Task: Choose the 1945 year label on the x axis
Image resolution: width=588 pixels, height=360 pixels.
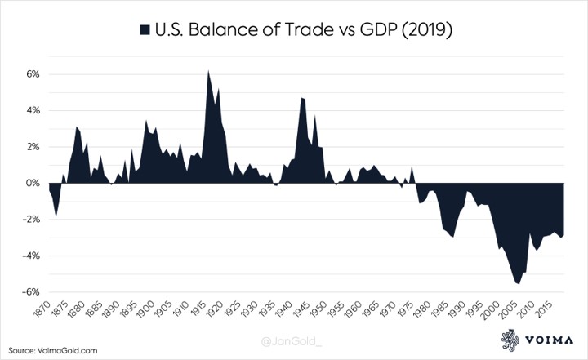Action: click(x=311, y=313)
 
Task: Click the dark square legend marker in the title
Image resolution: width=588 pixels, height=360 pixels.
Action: click(x=145, y=30)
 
